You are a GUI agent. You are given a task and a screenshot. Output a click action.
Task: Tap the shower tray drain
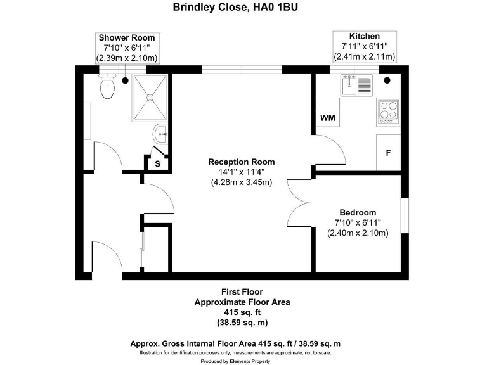click(151, 98)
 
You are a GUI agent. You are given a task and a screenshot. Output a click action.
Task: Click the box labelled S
click(157, 163)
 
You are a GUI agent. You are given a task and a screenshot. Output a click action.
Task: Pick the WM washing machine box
click(327, 118)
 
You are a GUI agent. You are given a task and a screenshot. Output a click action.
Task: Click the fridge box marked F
click(388, 153)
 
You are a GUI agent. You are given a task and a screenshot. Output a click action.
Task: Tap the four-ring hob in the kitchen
click(388, 112)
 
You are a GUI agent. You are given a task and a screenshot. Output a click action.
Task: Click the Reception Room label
click(242, 162)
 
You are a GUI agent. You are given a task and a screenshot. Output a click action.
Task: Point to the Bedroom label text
click(358, 212)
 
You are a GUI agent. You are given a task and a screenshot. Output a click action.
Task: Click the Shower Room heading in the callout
click(127, 38)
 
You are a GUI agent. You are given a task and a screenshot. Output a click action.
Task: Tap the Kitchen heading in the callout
click(365, 36)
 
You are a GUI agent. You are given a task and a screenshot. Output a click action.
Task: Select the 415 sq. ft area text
click(242, 312)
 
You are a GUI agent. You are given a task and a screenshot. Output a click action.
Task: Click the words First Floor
click(242, 291)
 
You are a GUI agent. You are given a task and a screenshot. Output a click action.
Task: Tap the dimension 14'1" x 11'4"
click(242, 172)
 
